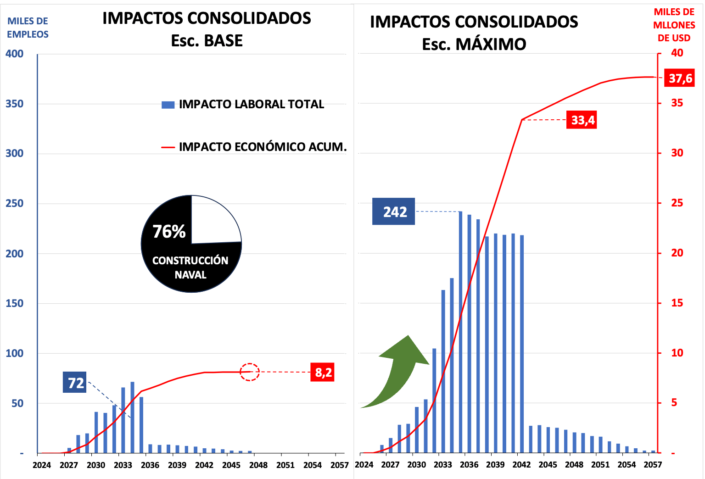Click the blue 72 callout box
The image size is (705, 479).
(75, 382)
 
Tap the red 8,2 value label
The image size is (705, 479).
(323, 372)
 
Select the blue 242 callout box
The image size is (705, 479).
(393, 212)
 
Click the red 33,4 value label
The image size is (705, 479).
(582, 120)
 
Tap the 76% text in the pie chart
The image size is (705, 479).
(169, 231)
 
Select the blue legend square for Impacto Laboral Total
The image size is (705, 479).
(168, 105)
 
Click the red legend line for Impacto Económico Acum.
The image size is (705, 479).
(168, 147)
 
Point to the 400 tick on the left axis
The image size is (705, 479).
(14, 54)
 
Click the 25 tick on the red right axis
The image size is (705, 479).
(677, 203)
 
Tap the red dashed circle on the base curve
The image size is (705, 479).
(250, 372)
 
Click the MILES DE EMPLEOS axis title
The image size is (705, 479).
(28, 28)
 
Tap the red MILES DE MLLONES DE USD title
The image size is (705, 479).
(674, 25)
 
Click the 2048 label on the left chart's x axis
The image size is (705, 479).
(258, 465)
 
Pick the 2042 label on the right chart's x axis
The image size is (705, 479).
(521, 465)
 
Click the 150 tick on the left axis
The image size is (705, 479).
(14, 303)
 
